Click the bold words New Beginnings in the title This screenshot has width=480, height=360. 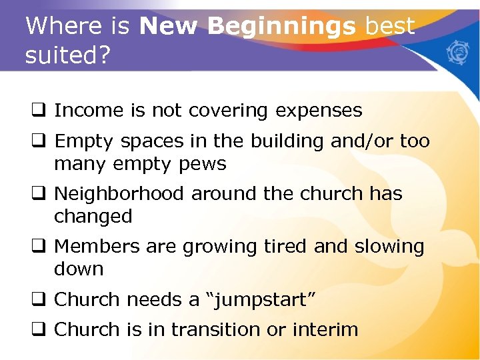(x=247, y=27)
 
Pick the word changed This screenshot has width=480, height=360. (x=93, y=217)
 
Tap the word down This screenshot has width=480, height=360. (x=78, y=269)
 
